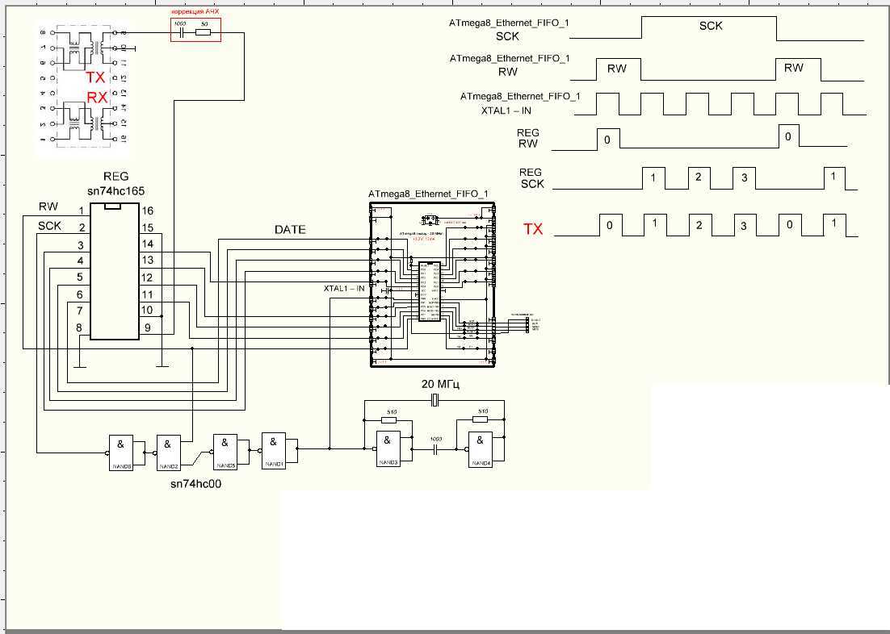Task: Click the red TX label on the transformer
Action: point(96,78)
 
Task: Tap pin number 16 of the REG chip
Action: point(147,211)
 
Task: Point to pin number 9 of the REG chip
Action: point(147,327)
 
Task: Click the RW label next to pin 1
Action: point(48,207)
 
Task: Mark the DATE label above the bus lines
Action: point(290,230)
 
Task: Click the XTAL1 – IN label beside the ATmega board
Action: point(344,288)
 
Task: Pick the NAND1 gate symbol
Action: point(274,448)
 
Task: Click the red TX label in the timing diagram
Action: point(533,229)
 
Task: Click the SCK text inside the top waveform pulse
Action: point(711,26)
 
